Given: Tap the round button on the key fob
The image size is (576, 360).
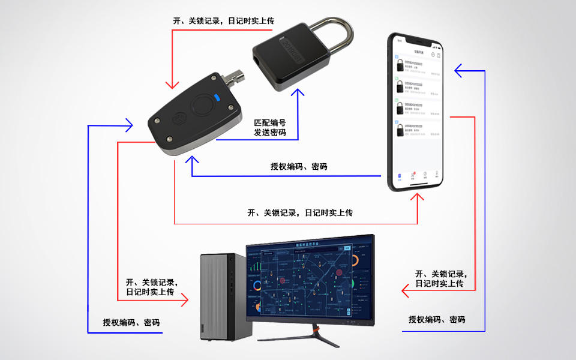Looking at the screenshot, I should pos(202,106).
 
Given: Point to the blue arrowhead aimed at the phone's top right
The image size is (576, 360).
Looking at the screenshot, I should pos(458,71).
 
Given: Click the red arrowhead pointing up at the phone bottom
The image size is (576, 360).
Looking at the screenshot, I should pos(418,197).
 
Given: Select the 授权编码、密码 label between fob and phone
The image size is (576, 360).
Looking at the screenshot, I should pos(299,166).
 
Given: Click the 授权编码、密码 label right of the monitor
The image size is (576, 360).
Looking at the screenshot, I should pos(437,319).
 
